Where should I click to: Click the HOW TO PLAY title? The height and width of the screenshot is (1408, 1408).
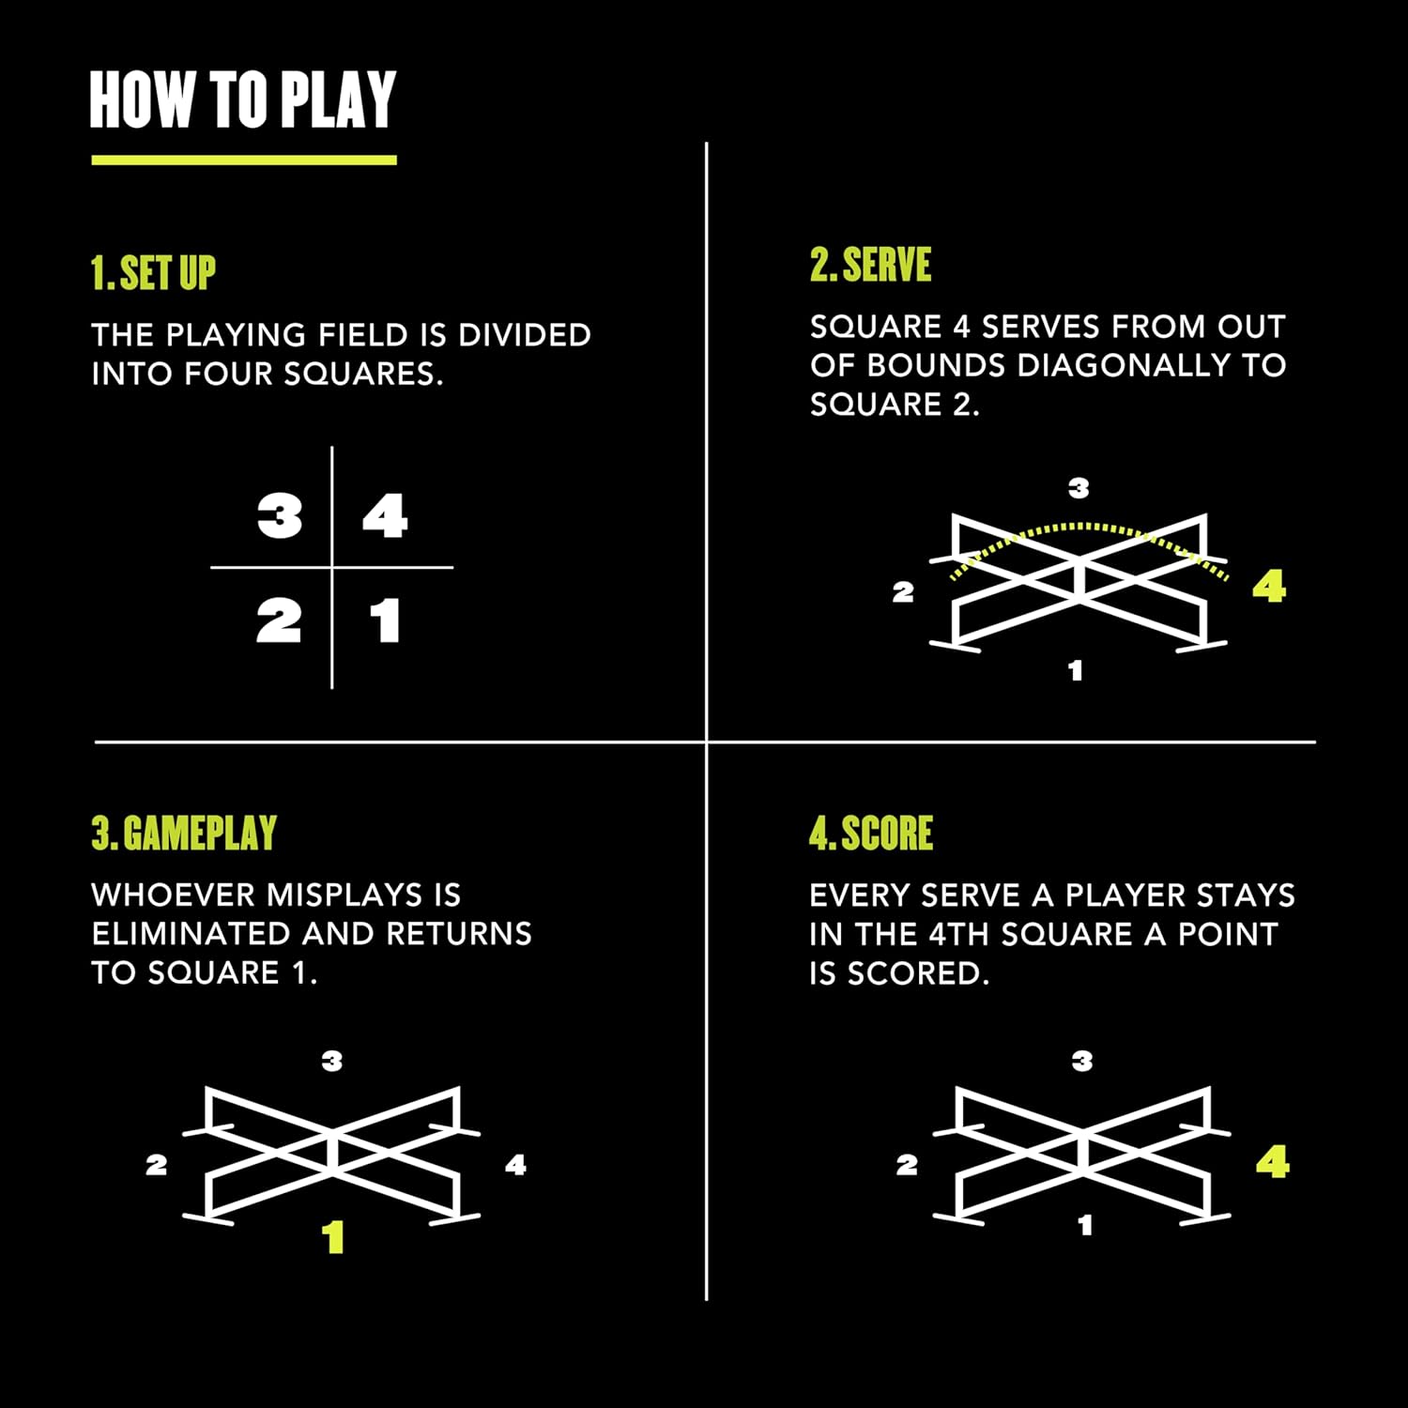click(x=243, y=99)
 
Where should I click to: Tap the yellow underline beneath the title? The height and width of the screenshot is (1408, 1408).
click(x=244, y=161)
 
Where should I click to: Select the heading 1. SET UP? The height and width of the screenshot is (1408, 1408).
click(x=153, y=273)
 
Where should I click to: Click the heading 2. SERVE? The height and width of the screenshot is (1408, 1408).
click(x=871, y=265)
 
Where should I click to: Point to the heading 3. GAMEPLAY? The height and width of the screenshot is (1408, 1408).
click(x=184, y=834)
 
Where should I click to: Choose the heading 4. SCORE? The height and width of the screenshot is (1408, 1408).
click(x=871, y=834)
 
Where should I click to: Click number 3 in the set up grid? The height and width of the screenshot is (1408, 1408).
click(x=280, y=516)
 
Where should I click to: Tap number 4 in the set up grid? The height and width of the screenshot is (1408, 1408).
click(x=385, y=516)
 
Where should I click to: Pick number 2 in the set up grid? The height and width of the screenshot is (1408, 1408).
click(x=279, y=621)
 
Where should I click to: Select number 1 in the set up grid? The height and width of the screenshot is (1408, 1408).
click(x=385, y=621)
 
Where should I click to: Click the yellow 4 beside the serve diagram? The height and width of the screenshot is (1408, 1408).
click(x=1269, y=587)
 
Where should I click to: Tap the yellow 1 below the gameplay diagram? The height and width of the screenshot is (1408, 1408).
click(x=333, y=1238)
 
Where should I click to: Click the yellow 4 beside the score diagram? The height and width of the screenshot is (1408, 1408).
click(x=1273, y=1163)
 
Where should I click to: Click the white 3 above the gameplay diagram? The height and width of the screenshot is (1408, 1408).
click(x=332, y=1061)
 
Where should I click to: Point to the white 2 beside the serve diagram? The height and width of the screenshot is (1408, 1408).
click(x=903, y=592)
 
